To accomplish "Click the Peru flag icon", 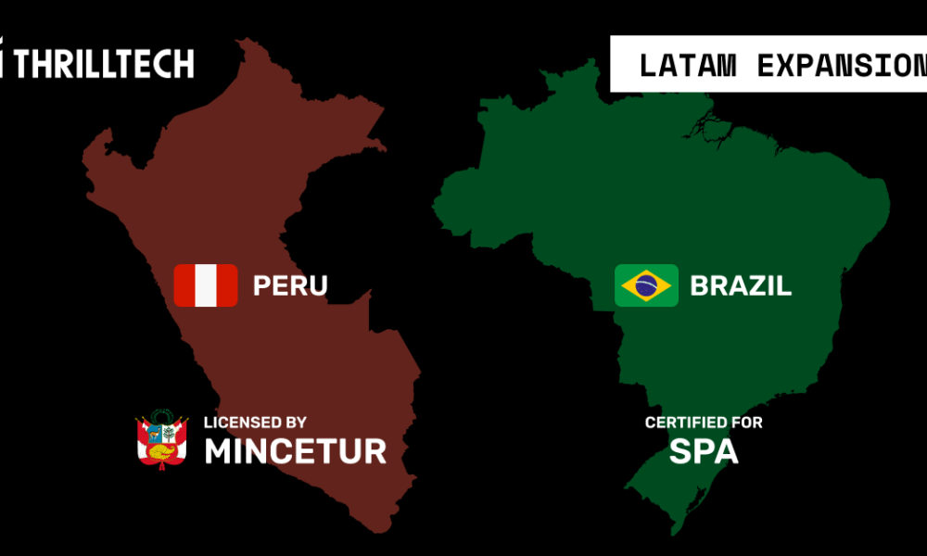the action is click(x=205, y=285).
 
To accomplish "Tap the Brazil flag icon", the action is click(x=646, y=285).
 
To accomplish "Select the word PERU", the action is click(x=290, y=285).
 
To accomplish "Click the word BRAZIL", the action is click(x=741, y=285).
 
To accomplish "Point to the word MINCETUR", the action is click(x=295, y=451).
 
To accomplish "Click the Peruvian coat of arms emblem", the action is click(x=162, y=440).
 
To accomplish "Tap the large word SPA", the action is click(x=704, y=451).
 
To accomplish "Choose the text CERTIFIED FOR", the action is click(x=704, y=423).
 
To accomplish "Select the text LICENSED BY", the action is click(x=255, y=423).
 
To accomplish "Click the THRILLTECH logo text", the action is click(x=104, y=63).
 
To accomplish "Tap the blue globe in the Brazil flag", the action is click(x=646, y=285).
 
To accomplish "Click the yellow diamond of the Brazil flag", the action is click(x=629, y=285).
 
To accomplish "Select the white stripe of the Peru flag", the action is click(x=205, y=285).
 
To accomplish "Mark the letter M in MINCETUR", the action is click(x=219, y=451).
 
